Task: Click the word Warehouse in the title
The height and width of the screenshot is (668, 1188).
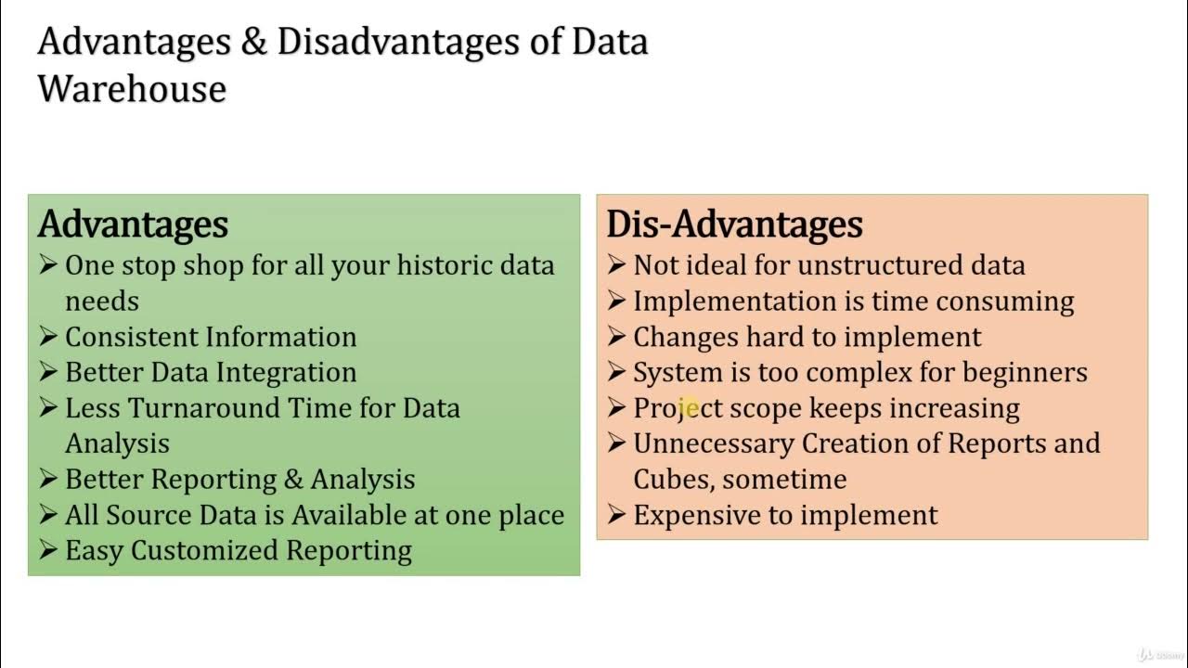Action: point(132,89)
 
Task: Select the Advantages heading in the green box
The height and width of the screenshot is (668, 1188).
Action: point(133,225)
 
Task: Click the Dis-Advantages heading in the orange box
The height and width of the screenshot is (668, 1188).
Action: point(734,225)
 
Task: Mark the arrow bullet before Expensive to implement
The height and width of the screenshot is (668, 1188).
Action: point(616,515)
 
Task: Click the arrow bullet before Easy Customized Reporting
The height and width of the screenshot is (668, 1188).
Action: point(48,550)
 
